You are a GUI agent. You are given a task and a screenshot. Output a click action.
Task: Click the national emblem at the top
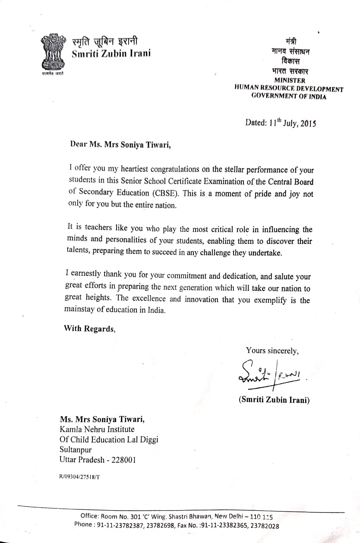pyautogui.click(x=52, y=54)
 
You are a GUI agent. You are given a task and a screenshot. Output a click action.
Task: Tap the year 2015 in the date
pyautogui.click(x=308, y=123)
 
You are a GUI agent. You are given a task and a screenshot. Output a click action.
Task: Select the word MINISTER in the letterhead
pyautogui.click(x=290, y=81)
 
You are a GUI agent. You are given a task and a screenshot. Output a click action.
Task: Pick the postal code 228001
pyautogui.click(x=123, y=460)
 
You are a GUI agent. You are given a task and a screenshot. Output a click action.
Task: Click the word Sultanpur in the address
pyautogui.click(x=76, y=449)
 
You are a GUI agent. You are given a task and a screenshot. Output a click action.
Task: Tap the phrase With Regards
pyautogui.click(x=90, y=328)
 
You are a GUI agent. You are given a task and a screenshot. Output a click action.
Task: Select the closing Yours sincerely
pyautogui.click(x=272, y=351)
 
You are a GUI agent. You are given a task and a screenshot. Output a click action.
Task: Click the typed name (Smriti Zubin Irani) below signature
pyautogui.click(x=274, y=400)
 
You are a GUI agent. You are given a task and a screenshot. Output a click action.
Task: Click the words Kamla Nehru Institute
pyautogui.click(x=97, y=429)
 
